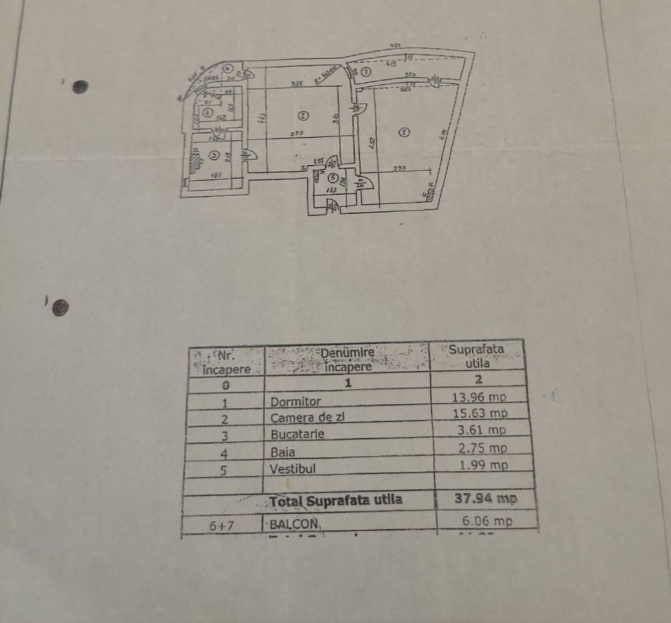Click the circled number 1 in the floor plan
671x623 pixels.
(x=404, y=132)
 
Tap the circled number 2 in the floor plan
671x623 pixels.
(x=303, y=116)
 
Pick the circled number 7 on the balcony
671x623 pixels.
(x=367, y=72)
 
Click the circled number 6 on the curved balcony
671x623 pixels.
(x=228, y=68)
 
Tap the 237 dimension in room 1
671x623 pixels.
(x=401, y=168)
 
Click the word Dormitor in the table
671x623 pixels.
(x=296, y=401)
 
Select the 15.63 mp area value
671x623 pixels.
(x=480, y=413)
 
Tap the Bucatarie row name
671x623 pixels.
(x=297, y=434)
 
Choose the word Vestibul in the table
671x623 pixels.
(x=293, y=468)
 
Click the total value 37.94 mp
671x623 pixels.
(x=486, y=498)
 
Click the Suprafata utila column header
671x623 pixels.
(x=477, y=356)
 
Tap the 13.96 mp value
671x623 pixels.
(x=479, y=397)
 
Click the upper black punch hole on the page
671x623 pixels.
(x=80, y=87)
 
